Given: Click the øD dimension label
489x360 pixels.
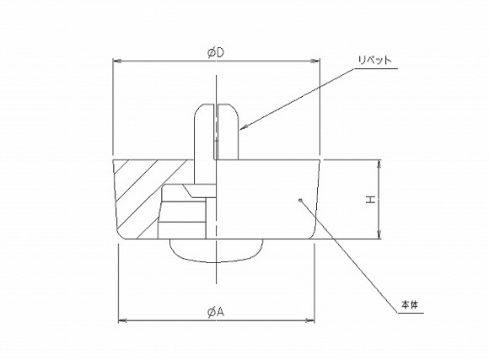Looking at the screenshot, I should point(216,53).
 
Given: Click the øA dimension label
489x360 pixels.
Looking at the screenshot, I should point(216,312).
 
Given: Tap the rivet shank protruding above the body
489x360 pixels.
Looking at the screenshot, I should point(217,131).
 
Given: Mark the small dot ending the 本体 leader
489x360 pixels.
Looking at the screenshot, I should point(301,200).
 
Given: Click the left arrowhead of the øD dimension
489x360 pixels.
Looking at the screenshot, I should point(117,62).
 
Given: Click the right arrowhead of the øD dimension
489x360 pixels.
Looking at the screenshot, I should point(318,62).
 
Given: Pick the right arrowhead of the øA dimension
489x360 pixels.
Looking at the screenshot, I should point(313,320).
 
